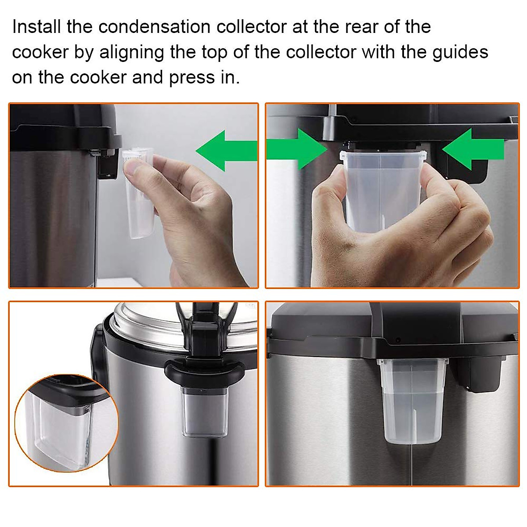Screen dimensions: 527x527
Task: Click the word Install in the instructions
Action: tap(36, 27)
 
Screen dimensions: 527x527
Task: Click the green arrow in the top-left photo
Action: tap(226, 150)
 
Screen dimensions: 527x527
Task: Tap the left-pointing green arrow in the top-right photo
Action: tap(472, 148)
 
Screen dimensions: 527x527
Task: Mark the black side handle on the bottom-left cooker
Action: tap(97, 351)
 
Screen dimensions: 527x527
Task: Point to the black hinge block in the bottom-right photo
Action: tap(483, 373)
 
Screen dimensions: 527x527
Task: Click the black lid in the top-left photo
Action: tap(66, 125)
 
